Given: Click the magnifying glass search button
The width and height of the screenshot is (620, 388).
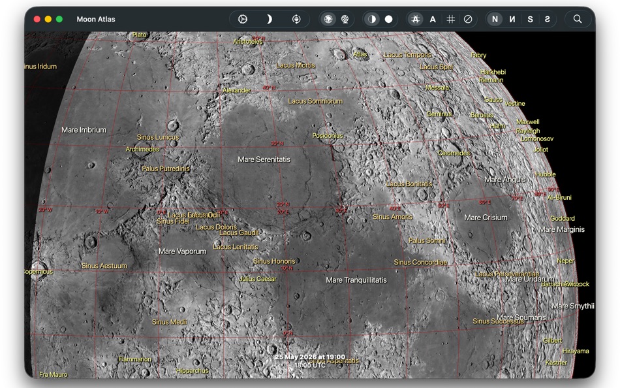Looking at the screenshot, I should [x=578, y=20].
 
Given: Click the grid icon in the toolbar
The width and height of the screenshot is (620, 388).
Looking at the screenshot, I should [x=450, y=20].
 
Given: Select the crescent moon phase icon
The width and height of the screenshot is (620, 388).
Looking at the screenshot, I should [x=268, y=20].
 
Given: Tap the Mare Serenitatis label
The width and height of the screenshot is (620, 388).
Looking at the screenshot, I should [x=264, y=159].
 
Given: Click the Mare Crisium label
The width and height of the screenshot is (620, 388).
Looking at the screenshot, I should [x=486, y=218].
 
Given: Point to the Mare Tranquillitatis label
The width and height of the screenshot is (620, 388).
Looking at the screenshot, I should [x=356, y=280].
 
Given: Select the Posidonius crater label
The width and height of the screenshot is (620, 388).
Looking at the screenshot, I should [x=328, y=136].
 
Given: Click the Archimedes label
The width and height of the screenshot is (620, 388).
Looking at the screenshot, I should [x=142, y=150].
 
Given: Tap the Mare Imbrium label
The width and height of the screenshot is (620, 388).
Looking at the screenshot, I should [x=84, y=130].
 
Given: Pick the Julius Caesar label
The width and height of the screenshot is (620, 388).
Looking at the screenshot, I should [x=258, y=279].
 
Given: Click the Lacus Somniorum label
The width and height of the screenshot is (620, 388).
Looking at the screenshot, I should [x=315, y=101].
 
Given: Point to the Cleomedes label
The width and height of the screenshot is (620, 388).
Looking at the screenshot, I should [x=454, y=154].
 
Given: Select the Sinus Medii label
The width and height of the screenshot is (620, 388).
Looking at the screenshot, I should [x=170, y=322].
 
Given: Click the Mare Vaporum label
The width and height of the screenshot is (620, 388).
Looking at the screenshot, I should [x=182, y=251].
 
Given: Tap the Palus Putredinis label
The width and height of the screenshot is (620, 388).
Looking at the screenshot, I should [x=166, y=169].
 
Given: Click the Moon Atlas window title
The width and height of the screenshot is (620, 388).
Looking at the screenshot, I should [x=96, y=20].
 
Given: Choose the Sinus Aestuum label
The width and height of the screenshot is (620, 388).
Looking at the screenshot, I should [x=104, y=266].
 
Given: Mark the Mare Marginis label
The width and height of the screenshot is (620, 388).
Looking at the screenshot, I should [x=562, y=230].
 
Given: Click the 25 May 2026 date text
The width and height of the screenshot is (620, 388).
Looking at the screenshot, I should [x=310, y=357].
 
